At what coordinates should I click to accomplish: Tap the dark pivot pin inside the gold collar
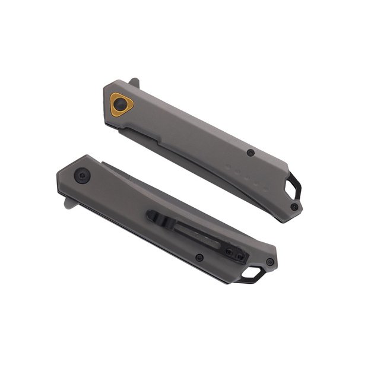(122, 104)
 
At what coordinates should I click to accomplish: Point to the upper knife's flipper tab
(135, 81)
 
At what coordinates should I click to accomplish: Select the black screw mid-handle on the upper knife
(252, 153)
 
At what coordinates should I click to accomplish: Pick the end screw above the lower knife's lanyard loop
(270, 262)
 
